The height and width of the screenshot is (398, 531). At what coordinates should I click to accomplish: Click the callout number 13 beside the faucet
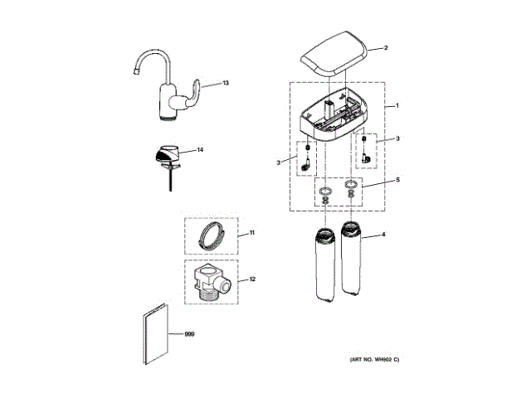[225, 84]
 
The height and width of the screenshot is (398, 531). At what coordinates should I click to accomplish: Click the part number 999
[190, 334]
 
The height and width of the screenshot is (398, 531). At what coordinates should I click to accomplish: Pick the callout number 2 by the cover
[385, 48]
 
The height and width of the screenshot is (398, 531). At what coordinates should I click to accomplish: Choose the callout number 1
[397, 106]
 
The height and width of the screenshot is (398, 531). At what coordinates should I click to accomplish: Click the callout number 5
[397, 179]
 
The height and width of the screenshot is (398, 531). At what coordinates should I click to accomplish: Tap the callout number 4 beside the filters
[384, 236]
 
